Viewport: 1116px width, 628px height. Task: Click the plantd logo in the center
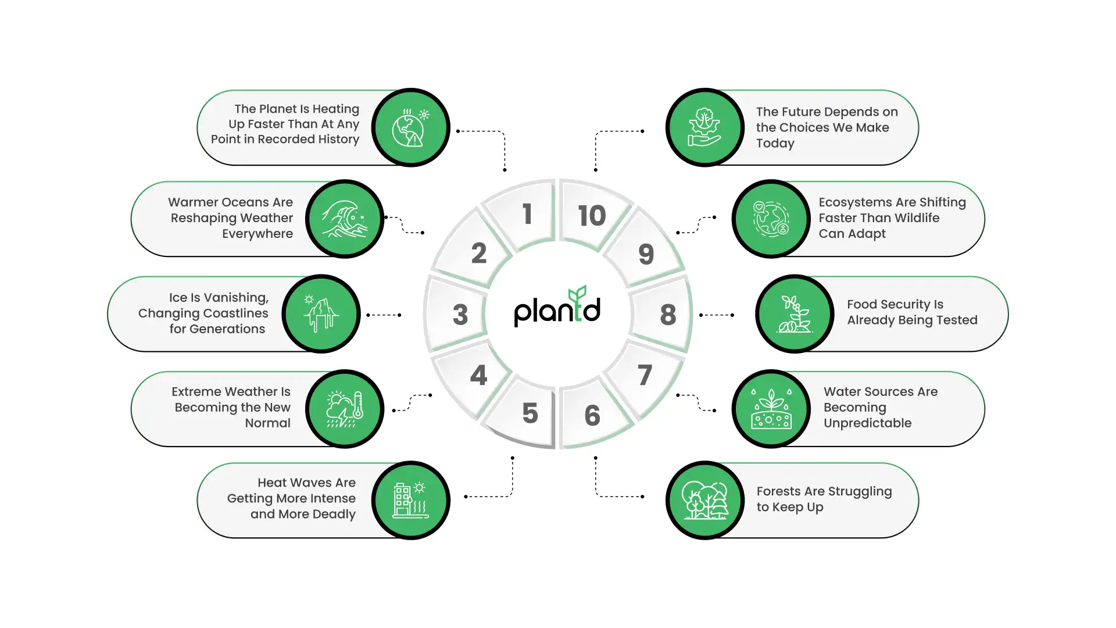[557, 308]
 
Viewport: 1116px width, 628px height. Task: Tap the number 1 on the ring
[527, 214]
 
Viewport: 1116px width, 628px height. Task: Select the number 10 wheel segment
[592, 216]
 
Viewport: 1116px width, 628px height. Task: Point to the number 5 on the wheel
[530, 413]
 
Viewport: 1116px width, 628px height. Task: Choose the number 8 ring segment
[668, 315]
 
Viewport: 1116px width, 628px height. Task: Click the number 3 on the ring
[460, 315]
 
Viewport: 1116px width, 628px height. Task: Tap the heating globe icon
[410, 128]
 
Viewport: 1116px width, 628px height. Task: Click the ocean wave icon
[345, 219]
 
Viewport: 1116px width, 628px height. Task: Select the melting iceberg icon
[321, 314]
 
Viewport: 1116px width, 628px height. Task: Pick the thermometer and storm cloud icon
[345, 409]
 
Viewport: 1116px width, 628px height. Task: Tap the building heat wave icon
[410, 500]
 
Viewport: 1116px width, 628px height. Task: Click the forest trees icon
[705, 500]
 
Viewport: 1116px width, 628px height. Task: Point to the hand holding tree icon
[705, 128]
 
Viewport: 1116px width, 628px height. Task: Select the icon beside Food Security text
[795, 314]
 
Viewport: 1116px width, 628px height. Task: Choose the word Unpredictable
[867, 423]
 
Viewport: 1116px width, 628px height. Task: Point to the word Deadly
[334, 514]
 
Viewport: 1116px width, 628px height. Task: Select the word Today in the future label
[775, 143]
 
